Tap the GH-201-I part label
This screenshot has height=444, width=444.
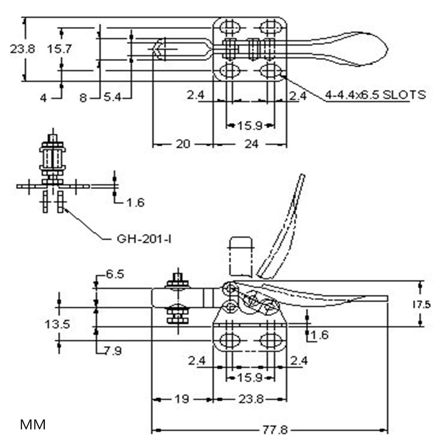pos(144,239)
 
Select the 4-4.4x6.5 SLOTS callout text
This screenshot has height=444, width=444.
pos(375,95)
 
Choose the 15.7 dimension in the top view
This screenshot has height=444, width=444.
pos(60,49)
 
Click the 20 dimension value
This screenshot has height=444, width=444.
pos(183,144)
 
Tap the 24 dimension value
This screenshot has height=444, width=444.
pos(252,144)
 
